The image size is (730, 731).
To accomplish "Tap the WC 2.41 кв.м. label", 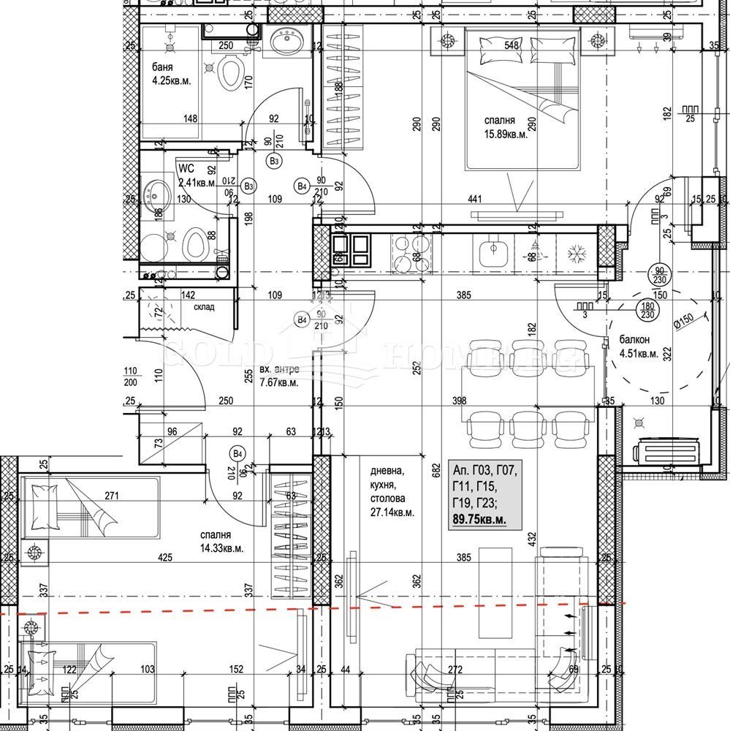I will point(195,175).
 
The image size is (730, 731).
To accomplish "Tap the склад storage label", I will point(204,307).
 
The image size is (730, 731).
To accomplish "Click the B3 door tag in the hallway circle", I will point(275,161).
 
